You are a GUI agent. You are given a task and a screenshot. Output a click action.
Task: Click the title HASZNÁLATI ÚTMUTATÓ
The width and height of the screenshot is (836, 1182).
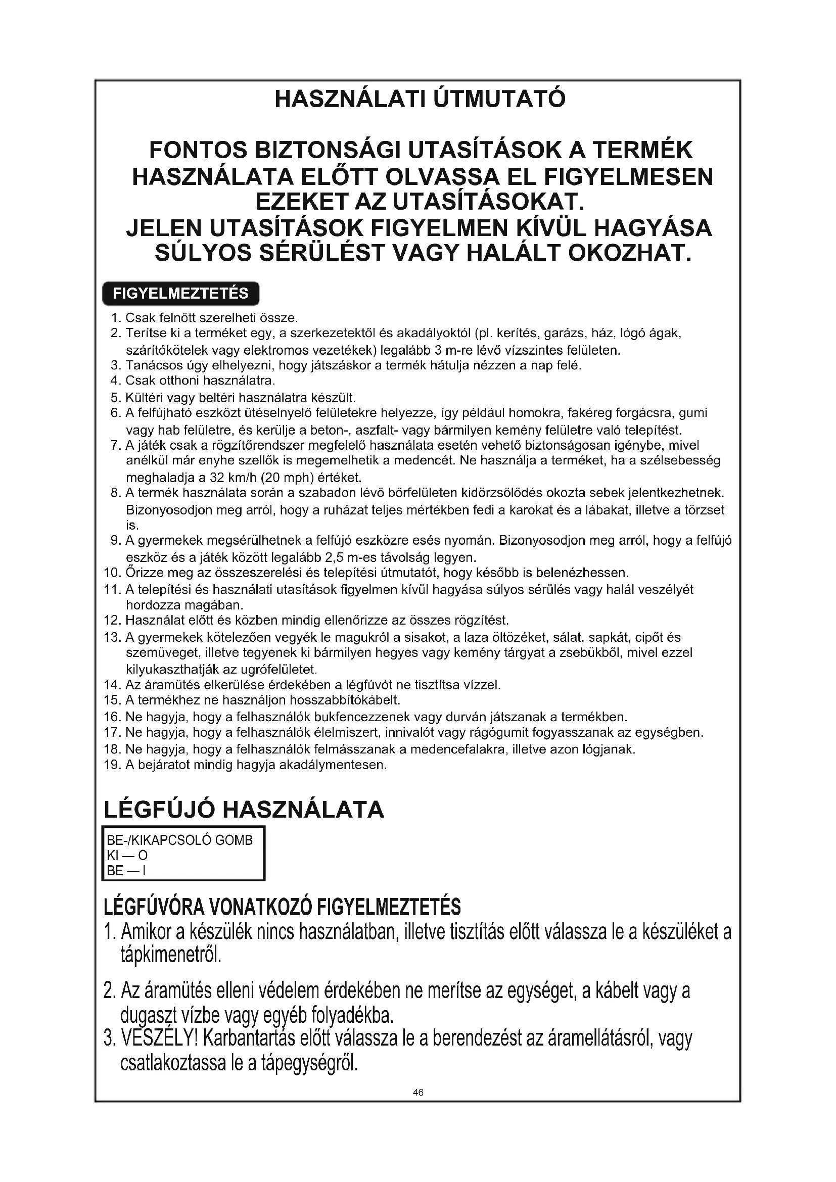[420, 99]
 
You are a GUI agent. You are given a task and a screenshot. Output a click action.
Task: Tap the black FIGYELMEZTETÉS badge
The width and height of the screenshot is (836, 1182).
[180, 294]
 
